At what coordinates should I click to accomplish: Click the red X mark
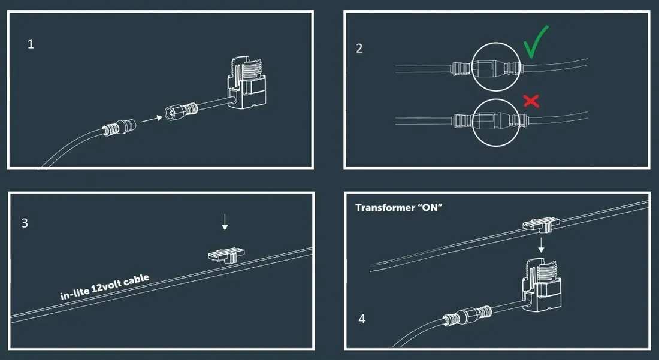tap(531, 101)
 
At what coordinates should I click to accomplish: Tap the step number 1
tap(31, 44)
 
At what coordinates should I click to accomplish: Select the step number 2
tap(359, 49)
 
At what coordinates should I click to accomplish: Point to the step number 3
tap(25, 223)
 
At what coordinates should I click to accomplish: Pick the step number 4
tap(362, 319)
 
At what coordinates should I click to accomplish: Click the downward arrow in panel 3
tap(225, 222)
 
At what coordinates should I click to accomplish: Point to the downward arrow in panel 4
tap(542, 245)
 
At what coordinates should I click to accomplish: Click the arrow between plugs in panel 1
tap(152, 119)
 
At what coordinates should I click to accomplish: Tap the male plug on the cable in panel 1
tap(120, 127)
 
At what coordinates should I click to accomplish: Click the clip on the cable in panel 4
tap(542, 224)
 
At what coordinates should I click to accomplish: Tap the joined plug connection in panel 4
tap(467, 316)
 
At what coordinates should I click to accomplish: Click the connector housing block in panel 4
tap(542, 286)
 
